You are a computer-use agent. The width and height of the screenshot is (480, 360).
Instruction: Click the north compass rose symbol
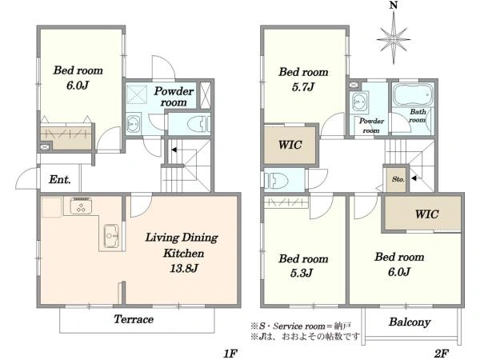coord(394,39)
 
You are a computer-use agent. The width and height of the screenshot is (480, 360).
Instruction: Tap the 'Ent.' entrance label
coord(60,179)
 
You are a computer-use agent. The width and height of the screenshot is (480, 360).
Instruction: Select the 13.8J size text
coord(184,269)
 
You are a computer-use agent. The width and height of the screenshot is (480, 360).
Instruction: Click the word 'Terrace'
coord(134,319)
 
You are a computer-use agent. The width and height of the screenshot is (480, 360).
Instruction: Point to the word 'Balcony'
coord(410,322)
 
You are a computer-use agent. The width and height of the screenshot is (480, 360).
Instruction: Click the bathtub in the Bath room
coord(413,94)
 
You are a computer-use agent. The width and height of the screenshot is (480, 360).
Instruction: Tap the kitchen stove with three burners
coord(81,206)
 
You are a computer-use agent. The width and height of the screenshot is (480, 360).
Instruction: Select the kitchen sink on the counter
coord(111,236)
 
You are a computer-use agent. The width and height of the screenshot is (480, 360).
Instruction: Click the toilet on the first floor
coord(198,125)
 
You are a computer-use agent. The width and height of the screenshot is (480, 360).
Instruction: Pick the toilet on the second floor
coord(276,181)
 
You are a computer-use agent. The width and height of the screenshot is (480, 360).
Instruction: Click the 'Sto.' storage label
coord(398,179)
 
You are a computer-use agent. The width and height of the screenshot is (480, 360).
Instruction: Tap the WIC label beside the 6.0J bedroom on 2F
coord(426,214)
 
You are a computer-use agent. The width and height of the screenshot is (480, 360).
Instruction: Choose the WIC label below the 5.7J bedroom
coord(290,145)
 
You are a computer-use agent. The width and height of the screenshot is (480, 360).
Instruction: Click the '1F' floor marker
coord(230,354)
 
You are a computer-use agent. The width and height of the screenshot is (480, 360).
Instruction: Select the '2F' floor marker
coord(441,354)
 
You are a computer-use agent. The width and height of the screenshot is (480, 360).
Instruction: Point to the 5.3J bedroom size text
coord(302,273)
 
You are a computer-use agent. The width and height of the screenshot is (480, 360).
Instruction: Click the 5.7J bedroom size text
coord(303,87)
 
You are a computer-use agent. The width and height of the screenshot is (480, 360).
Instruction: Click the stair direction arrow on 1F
coord(174,150)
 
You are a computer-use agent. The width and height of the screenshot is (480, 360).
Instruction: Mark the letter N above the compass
coord(394,6)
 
